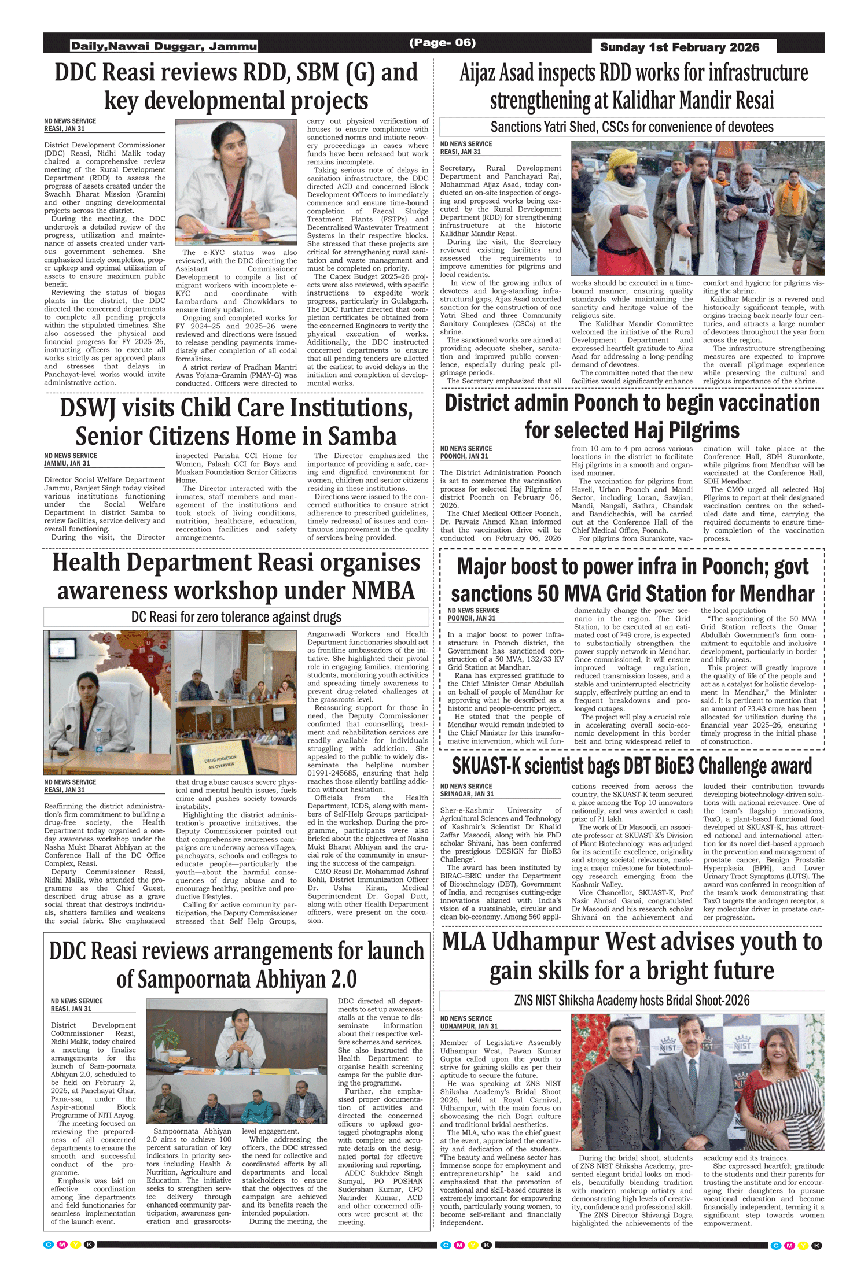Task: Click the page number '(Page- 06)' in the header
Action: click(442, 43)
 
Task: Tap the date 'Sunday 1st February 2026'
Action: click(679, 47)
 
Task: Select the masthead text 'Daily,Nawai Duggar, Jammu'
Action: click(164, 46)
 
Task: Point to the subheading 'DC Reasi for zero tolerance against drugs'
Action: click(236, 617)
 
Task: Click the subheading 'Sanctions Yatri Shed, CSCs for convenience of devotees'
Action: click(632, 127)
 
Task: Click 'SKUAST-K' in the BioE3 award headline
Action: click(501, 766)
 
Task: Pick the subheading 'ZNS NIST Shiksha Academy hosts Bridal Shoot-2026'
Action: click(632, 1001)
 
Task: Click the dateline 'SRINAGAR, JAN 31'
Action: click(467, 794)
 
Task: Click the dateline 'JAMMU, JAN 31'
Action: click(67, 463)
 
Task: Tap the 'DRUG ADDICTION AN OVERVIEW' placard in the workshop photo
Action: click(220, 761)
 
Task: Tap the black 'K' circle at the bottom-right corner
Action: click(816, 1245)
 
